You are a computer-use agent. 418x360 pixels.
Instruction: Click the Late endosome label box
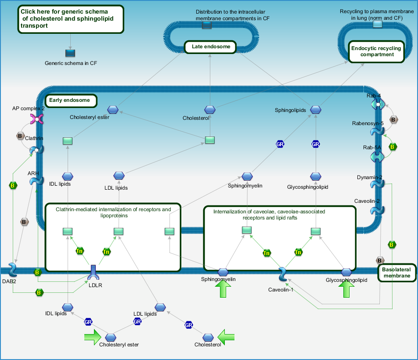click(210, 47)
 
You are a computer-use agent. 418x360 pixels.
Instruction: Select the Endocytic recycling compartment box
click(376, 52)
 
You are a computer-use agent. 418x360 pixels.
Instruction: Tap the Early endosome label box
click(71, 101)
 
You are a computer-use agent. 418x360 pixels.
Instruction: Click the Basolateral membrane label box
click(397, 273)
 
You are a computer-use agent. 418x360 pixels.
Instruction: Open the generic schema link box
click(71, 19)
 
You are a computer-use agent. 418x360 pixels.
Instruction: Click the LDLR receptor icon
click(93, 272)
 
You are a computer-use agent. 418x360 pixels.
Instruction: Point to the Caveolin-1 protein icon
click(283, 274)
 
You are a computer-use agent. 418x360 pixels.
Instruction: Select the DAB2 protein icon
click(13, 270)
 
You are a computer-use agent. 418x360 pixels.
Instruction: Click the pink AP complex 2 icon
click(36, 119)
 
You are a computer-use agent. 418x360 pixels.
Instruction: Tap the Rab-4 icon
click(378, 104)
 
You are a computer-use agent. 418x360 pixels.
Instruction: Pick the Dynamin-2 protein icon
click(378, 184)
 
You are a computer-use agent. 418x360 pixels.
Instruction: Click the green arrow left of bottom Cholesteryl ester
click(93, 337)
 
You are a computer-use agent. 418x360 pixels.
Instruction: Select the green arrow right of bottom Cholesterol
click(226, 337)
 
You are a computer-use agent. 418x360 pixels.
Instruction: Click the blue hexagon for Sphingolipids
click(316, 109)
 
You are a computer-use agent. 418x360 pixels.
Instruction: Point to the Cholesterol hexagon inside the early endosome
click(210, 109)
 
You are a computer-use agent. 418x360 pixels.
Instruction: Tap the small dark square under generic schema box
click(70, 53)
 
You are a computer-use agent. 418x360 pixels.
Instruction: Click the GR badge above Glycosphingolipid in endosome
click(316, 144)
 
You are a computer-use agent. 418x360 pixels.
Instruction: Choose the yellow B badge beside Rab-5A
click(393, 147)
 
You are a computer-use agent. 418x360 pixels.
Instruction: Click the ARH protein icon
click(36, 181)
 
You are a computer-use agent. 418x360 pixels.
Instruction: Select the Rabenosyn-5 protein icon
click(378, 131)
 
